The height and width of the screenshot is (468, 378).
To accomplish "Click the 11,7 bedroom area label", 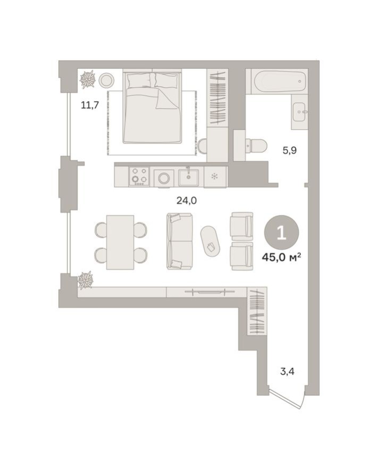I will pos(89,105).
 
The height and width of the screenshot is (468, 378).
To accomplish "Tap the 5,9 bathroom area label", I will pos(289,151).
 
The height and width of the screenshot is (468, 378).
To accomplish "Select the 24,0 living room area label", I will pos(187,200).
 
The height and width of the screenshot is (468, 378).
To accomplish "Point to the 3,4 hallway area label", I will pos(287,371).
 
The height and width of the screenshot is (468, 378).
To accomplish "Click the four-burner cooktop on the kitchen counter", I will pos(140,177).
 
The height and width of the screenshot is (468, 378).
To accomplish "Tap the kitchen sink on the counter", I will pos(189,177).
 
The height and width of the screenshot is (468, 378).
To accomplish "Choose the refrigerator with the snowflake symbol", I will pos(215,177).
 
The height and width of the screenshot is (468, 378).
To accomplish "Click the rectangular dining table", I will pos(120,242).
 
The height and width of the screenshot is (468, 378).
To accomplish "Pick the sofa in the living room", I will pos(179,241).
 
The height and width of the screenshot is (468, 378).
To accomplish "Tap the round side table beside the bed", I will pos(106,80).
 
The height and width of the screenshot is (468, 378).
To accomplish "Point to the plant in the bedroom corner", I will pos(87,80).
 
